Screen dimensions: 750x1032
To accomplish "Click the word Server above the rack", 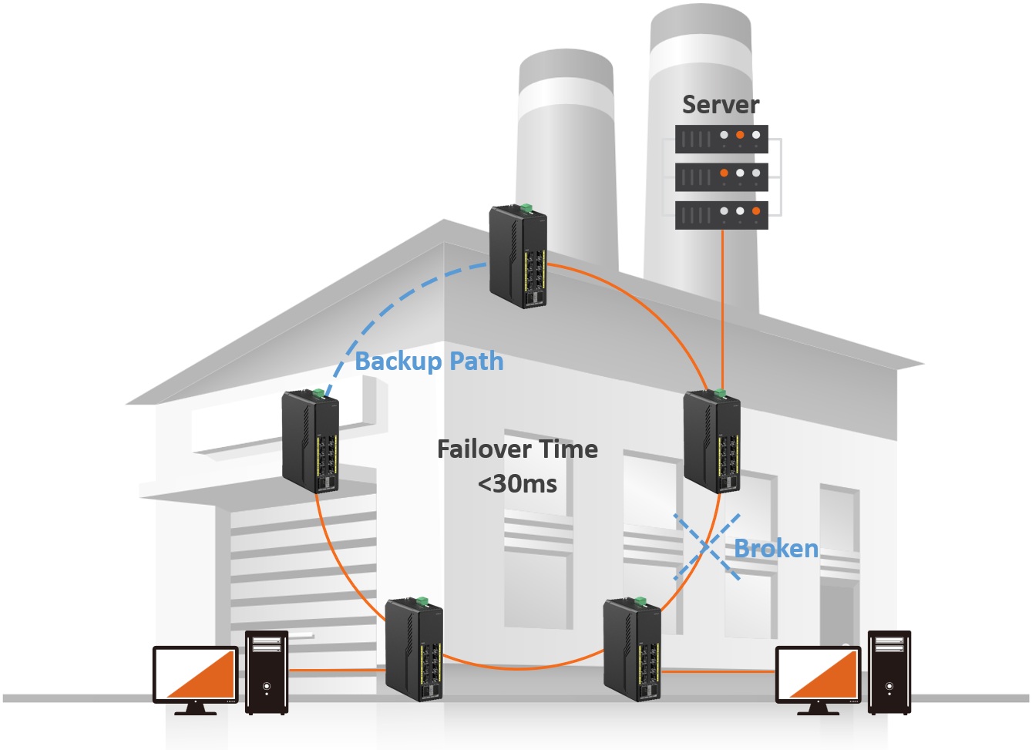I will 721,105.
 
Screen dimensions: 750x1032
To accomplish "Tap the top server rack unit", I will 721,139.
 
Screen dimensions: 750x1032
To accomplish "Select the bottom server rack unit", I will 721,214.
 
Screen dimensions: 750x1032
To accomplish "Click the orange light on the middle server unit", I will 724,173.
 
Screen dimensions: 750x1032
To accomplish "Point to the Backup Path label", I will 429,362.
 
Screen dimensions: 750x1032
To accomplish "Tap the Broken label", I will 776,549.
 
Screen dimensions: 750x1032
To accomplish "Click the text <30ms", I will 517,484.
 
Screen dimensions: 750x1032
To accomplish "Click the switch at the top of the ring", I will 518,256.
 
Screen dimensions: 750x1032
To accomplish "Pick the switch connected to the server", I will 712,441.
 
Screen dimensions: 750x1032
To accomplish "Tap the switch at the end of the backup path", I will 311,441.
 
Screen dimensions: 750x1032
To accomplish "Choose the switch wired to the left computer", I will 414,649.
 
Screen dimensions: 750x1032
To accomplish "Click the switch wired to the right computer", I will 632,649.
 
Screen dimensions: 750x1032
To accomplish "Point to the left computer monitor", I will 195,675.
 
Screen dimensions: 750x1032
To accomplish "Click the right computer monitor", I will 817,675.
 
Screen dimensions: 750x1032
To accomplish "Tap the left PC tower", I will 267,672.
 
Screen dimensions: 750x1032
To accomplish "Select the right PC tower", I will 889,672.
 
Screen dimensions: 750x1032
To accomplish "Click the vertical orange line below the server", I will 722,308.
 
